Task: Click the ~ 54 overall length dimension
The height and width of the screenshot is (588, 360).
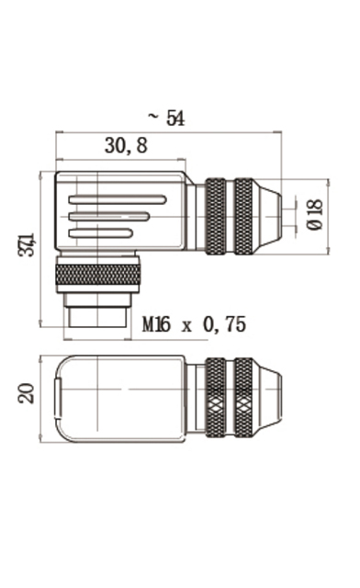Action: pos(166,118)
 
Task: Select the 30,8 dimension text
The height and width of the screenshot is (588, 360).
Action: pos(126,145)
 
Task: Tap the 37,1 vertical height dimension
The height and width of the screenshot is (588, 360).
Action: pos(27,245)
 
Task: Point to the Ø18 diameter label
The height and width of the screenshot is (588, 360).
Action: pos(314,214)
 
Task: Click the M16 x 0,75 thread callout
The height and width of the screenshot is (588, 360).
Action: pos(195,324)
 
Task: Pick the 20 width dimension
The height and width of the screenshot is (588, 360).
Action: pos(27,393)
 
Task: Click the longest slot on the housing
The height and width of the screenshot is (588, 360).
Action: pos(118,199)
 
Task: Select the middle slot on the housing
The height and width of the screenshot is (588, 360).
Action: pos(109,217)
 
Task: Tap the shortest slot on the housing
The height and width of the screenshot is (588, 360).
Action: pos(101,233)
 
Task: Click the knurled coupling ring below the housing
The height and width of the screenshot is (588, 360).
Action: pos(98,275)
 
